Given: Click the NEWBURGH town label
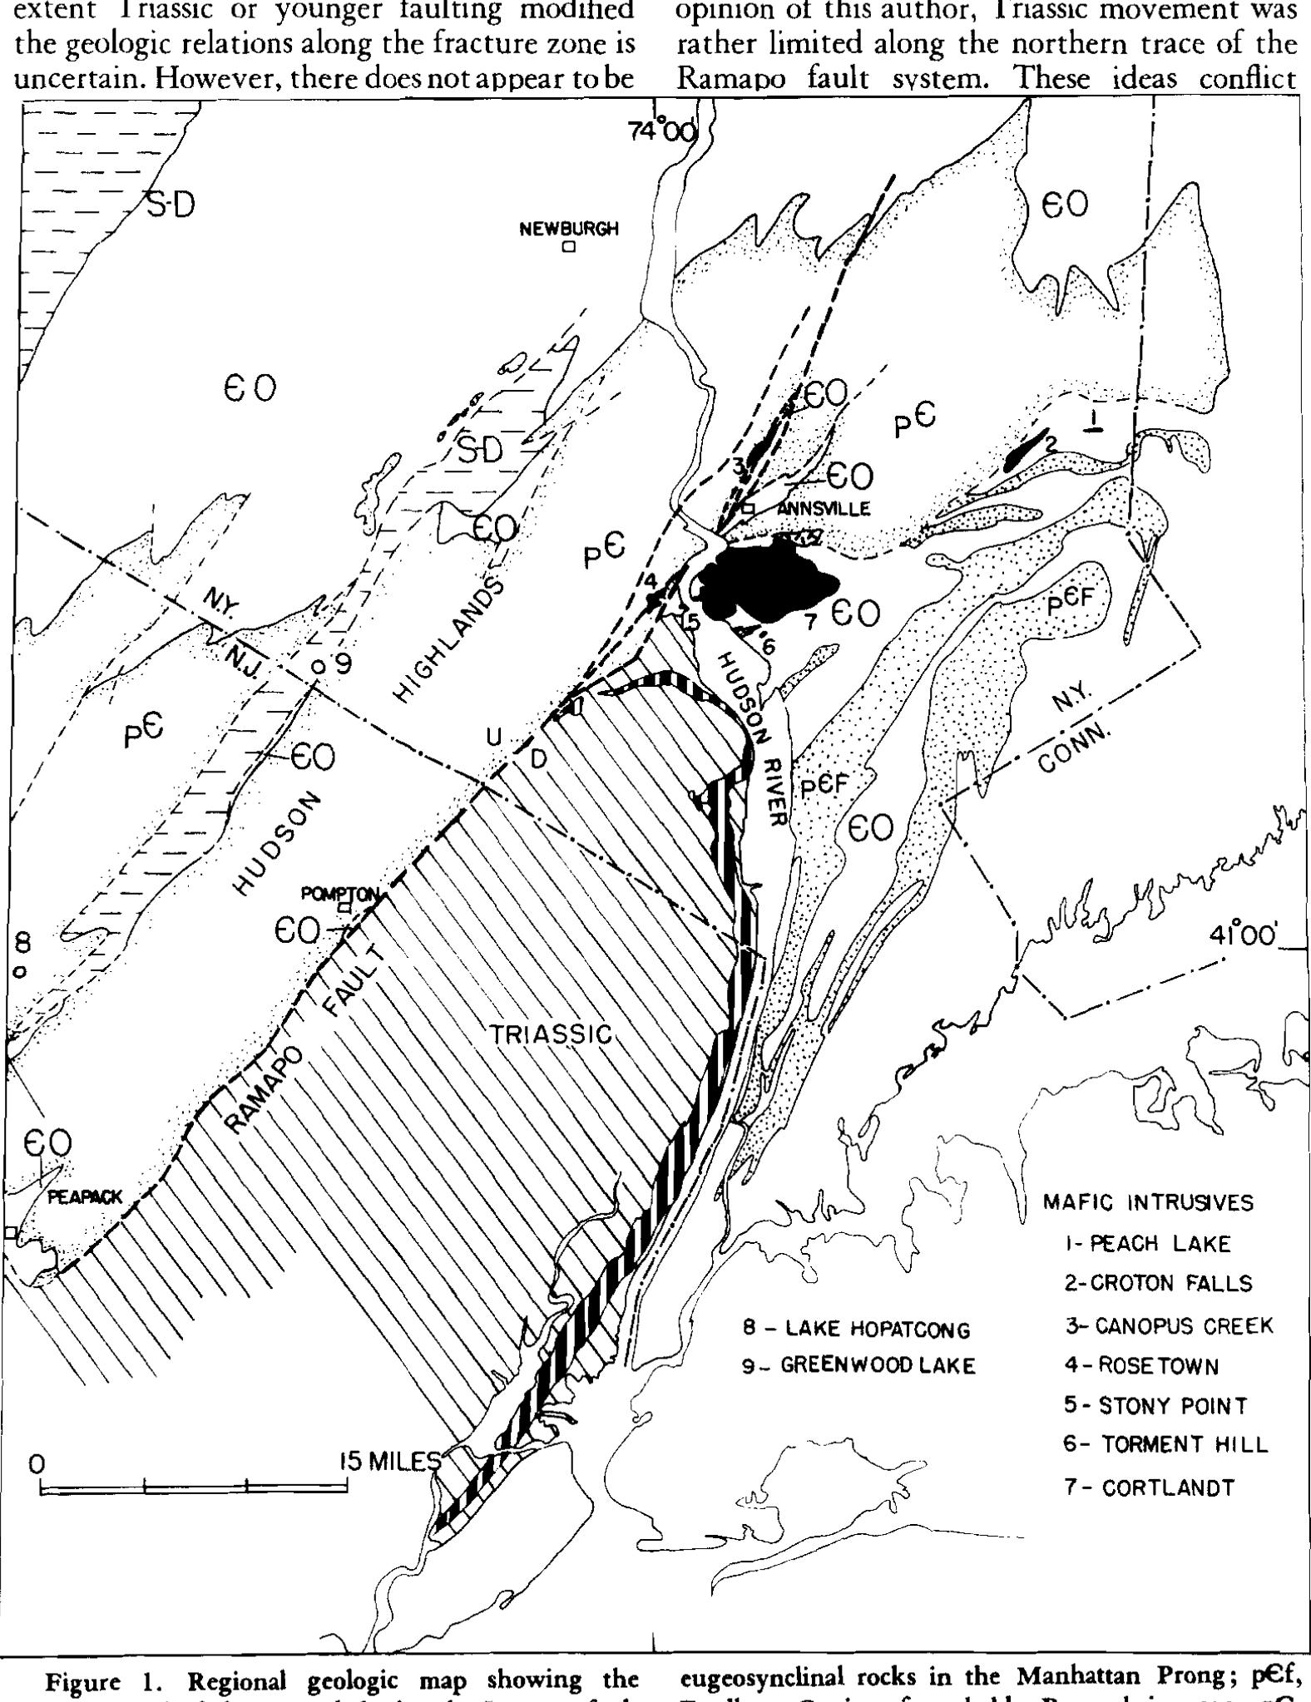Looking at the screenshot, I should click(569, 229).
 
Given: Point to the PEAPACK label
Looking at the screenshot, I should click(85, 1197).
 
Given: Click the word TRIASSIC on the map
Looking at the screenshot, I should click(550, 1034).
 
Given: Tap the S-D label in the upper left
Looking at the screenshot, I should click(171, 205).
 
